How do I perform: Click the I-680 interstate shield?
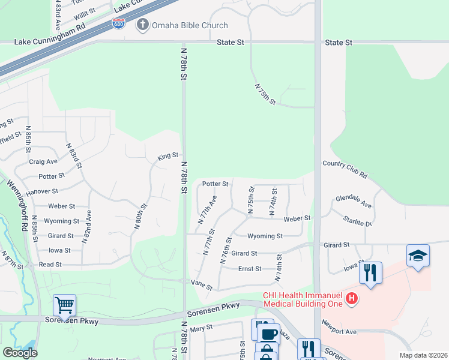pos(119,24)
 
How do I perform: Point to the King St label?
pos(168,155)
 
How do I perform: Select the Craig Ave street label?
pos(43,161)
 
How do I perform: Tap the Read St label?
pos(50,265)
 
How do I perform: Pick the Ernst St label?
pos(250,269)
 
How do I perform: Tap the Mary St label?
pos(201,328)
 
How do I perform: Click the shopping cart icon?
pos(64,305)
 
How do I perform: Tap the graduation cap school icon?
pos(418,256)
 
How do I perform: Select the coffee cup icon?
pos(268,334)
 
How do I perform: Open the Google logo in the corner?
pos(20,353)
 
